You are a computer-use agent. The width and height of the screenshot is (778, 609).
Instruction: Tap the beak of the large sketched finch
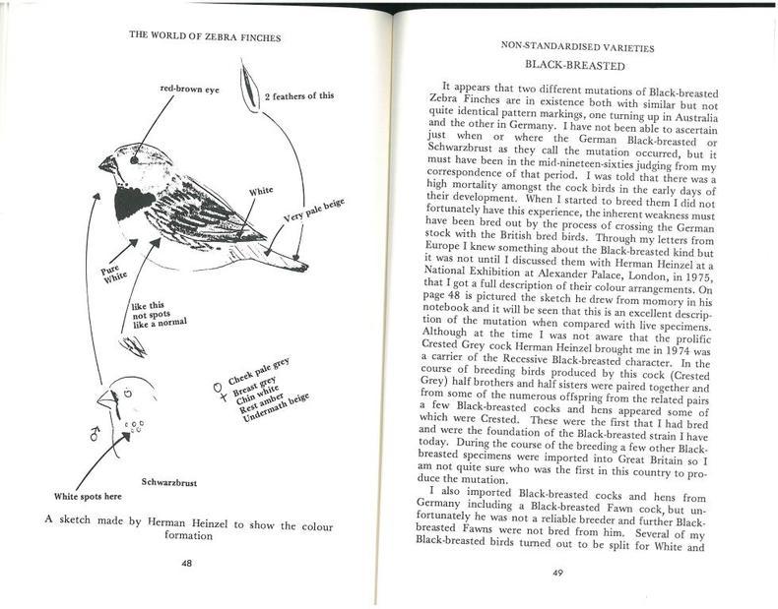coord(105,163)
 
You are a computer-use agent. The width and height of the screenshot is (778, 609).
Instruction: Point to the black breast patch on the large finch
coord(133,204)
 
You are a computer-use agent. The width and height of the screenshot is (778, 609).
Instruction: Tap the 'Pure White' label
coord(108,271)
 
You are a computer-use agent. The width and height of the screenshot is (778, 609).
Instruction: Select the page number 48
coord(185,563)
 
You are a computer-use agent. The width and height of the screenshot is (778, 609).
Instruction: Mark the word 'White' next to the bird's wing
coord(261,191)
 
